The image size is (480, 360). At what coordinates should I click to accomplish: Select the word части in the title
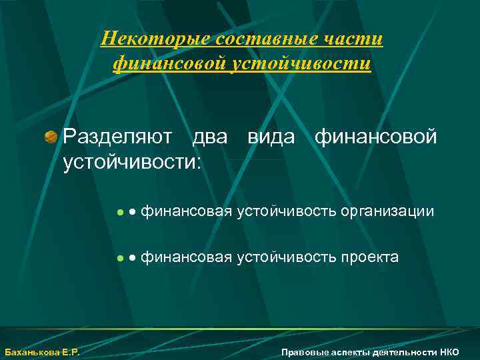click(x=357, y=39)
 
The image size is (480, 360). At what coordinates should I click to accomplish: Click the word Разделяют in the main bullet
click(x=119, y=137)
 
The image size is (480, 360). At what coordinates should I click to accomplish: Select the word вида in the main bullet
click(x=271, y=137)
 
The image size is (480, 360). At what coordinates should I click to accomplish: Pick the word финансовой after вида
click(x=376, y=137)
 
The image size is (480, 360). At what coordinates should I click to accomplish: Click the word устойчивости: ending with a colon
click(x=131, y=161)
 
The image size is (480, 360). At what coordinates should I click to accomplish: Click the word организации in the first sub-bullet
click(x=387, y=212)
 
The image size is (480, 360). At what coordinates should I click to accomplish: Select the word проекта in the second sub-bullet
click(x=370, y=257)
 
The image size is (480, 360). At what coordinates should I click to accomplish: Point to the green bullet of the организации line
click(x=120, y=213)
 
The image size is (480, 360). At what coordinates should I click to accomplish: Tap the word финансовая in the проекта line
click(x=187, y=257)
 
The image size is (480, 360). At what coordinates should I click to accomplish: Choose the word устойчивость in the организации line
click(x=287, y=212)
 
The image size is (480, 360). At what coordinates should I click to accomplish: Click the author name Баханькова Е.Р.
click(x=42, y=352)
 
